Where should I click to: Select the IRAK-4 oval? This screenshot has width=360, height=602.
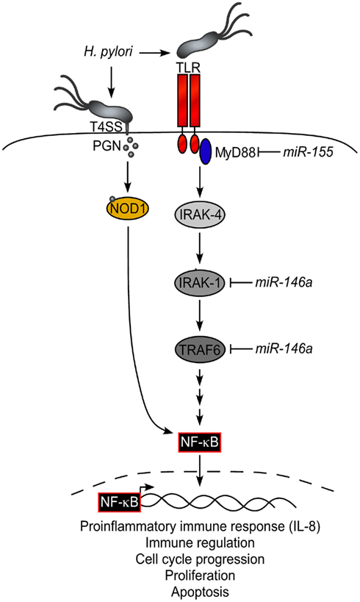[x=199, y=215]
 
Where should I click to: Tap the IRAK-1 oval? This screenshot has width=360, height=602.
[x=199, y=283]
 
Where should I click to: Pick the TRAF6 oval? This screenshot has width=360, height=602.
[x=199, y=349]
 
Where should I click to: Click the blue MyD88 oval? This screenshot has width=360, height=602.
[x=205, y=151]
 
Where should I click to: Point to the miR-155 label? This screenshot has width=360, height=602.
[x=308, y=152]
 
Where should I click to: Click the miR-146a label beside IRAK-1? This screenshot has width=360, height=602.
[x=284, y=282]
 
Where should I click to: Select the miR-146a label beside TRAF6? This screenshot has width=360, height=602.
[x=284, y=348]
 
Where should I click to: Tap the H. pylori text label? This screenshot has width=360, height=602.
[x=108, y=52]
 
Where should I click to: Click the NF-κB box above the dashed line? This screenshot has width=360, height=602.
[x=200, y=442]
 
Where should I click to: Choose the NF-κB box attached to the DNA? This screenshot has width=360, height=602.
[x=119, y=502]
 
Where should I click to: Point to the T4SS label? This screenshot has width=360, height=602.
[x=109, y=126]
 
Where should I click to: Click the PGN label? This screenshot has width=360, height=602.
[x=107, y=146]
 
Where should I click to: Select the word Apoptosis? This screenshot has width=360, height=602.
[x=200, y=592]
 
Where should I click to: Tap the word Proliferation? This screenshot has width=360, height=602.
[x=200, y=575]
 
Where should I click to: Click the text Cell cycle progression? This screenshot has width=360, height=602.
[x=200, y=559]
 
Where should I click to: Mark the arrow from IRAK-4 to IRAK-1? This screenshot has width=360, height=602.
[x=199, y=246]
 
